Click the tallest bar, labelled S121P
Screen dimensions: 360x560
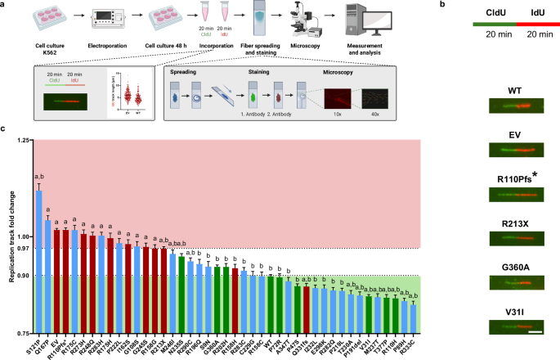pos(38,262)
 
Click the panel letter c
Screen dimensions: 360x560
pos(4,128)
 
